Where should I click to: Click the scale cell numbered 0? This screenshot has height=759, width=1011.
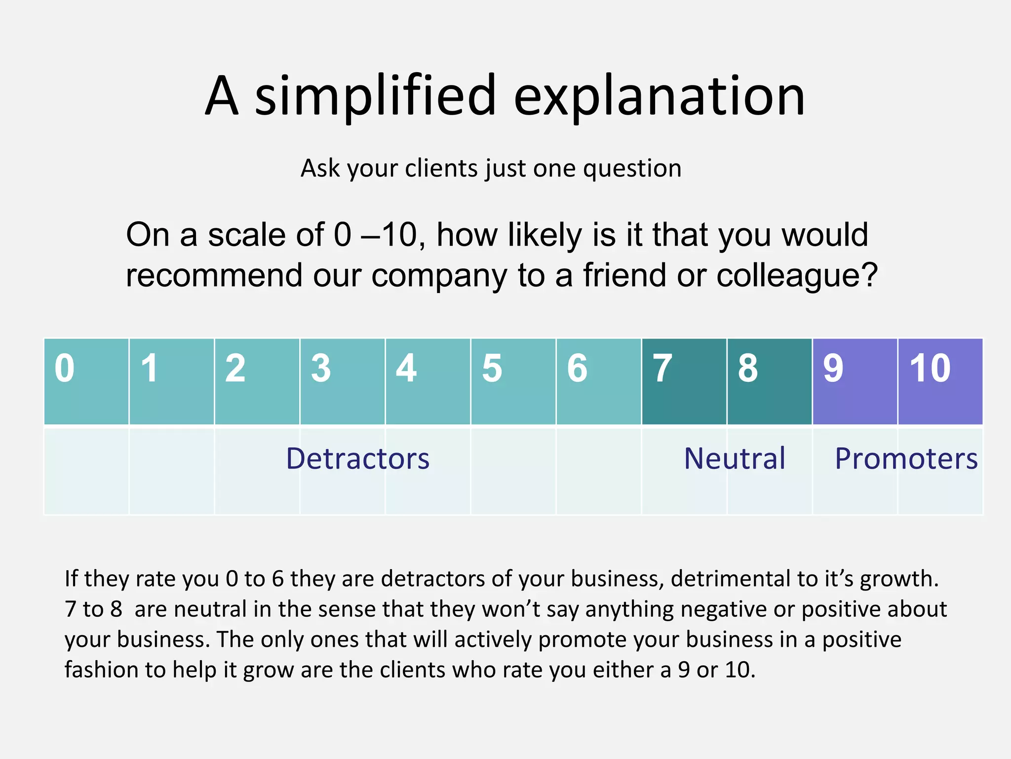tap(86, 381)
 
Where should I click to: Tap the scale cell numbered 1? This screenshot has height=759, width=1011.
tap(172, 381)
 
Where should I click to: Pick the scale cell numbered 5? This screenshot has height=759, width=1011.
tap(513, 381)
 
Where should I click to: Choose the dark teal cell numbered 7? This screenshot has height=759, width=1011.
tap(684, 381)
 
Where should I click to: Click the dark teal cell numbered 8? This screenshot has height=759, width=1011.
tap(769, 381)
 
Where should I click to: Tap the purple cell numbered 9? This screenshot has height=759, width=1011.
tap(855, 381)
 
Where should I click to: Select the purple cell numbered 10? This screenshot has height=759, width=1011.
tap(940, 381)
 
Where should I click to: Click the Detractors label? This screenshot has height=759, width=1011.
tap(358, 459)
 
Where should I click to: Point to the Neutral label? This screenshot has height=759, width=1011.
tap(735, 459)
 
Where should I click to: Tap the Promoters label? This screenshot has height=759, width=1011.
tap(906, 459)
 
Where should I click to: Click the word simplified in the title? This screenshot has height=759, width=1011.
tap(375, 96)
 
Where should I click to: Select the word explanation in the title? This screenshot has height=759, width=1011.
tap(660, 96)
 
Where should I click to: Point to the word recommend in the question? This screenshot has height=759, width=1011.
tap(214, 275)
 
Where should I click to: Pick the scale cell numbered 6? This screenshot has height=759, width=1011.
tap(599, 381)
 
